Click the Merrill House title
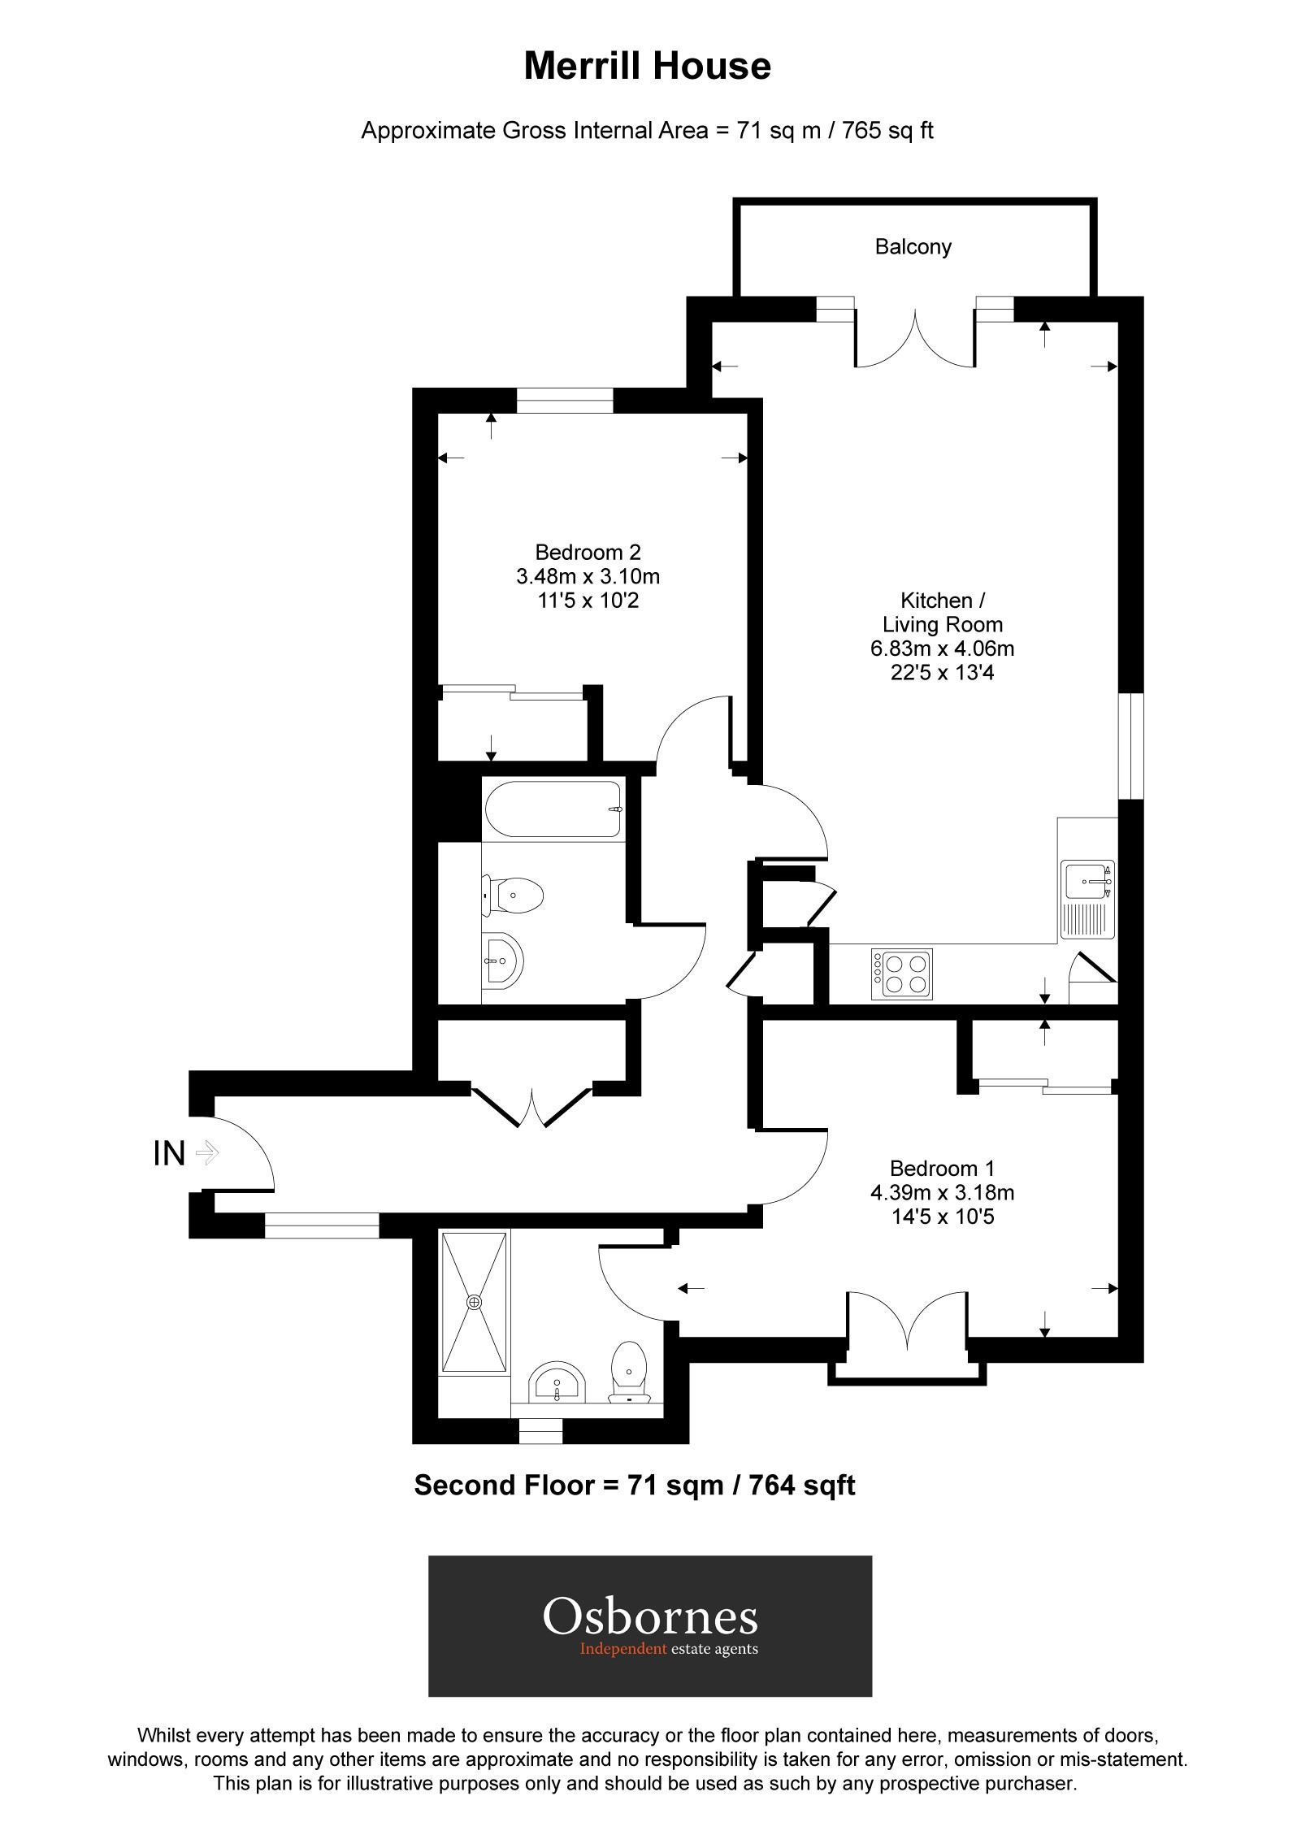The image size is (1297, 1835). [x=647, y=66]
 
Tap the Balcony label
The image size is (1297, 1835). [x=913, y=247]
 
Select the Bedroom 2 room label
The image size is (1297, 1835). [x=588, y=553]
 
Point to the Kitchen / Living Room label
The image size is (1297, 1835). [x=943, y=612]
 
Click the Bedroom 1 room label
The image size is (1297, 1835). [x=942, y=1169]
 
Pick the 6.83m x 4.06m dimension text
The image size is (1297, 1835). [x=942, y=649]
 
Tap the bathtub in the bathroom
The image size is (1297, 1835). [x=553, y=809]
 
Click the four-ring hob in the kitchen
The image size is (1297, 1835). [x=901, y=974]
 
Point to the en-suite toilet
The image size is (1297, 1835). [x=628, y=1374]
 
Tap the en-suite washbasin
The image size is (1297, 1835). [x=557, y=1381]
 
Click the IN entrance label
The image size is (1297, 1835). [x=169, y=1153]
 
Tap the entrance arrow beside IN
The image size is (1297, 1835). [x=208, y=1152]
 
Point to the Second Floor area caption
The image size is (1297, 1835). [x=635, y=1486]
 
